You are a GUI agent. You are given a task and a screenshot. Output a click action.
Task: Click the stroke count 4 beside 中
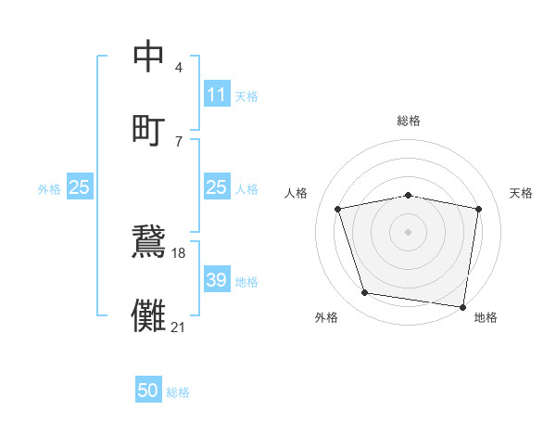178,68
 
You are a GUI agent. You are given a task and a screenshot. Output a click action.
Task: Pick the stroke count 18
179,252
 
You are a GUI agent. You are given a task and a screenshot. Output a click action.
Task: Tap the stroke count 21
179,326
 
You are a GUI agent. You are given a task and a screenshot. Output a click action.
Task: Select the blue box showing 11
217,95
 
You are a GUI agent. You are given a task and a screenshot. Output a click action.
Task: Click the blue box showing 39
217,280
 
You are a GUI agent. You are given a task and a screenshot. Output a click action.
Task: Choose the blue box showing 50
148,391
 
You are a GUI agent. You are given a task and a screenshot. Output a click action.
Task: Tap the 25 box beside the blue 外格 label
80,187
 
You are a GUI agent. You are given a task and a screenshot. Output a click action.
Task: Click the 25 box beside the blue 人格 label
217,187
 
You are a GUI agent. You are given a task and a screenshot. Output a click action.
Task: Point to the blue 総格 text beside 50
178,392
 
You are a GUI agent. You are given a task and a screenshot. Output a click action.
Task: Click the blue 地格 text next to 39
246,281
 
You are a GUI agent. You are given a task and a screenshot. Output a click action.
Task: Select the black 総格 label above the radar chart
409,121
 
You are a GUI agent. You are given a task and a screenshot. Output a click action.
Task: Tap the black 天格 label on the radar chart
522,193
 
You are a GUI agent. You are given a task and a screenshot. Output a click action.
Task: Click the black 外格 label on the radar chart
326,317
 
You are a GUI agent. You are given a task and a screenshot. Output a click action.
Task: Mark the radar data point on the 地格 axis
462,306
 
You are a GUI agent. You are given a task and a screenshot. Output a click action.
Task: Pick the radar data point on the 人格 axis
338,209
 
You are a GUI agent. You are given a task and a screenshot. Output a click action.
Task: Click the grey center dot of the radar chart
409,231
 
